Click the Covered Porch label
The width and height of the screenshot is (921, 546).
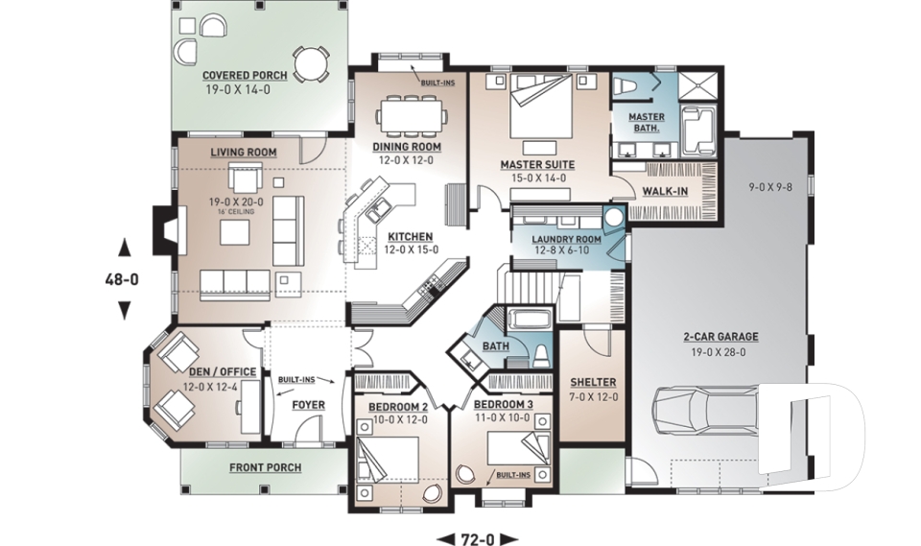coord(245,75)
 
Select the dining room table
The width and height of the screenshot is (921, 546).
coord(410,116)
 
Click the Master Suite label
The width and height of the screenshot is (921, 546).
coord(537,164)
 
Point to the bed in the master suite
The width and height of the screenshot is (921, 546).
coord(541,106)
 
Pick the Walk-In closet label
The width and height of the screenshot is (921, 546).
coord(665,191)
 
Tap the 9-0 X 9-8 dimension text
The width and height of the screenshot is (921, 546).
coord(770,187)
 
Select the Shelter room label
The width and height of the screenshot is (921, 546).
coord(593,382)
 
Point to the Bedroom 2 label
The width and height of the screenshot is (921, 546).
coord(398,407)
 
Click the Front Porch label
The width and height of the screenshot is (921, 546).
coord(266,467)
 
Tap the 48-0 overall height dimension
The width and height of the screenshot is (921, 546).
coord(122,280)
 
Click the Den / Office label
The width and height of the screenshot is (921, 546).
coord(223,372)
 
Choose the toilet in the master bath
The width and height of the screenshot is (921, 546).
coord(625,86)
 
